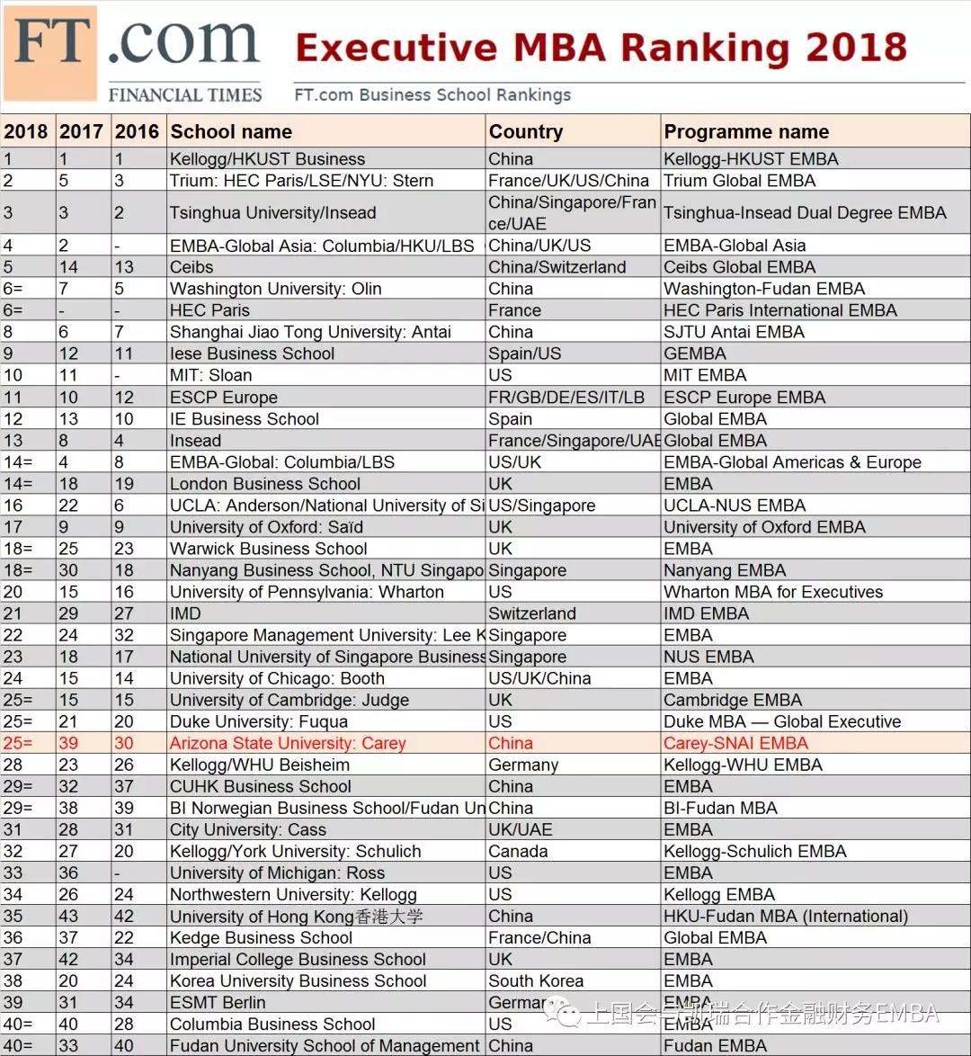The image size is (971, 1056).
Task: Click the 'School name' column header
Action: (231, 132)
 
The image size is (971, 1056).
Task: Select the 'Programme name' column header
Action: (746, 132)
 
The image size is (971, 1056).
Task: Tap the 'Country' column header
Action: (526, 132)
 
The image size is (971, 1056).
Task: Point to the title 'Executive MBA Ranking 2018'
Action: (601, 48)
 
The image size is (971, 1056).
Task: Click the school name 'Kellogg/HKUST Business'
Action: (267, 159)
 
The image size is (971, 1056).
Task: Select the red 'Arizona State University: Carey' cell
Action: (288, 744)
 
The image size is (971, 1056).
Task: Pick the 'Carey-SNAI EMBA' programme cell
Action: (735, 744)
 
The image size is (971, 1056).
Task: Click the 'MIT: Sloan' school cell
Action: (210, 375)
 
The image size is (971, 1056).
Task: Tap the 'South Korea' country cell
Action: (536, 981)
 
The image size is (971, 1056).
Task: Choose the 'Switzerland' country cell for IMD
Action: (531, 613)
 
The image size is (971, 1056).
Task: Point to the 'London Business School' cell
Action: (264, 484)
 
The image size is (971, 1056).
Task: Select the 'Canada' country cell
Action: (518, 852)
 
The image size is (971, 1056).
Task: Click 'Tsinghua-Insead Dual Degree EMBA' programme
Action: (805, 213)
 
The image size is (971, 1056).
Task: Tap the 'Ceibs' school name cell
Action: (192, 267)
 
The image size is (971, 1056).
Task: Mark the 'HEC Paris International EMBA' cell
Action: (780, 310)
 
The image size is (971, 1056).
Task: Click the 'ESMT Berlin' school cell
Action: (218, 1003)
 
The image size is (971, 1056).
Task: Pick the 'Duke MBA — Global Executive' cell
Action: (782, 722)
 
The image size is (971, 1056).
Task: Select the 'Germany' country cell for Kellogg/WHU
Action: (523, 765)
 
